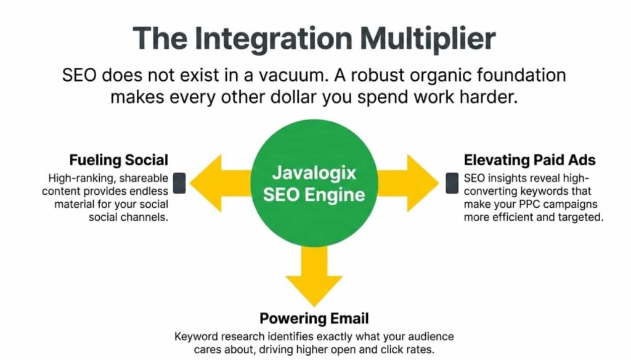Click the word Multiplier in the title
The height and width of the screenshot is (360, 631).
click(x=428, y=39)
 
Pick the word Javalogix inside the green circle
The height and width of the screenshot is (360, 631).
click(x=314, y=173)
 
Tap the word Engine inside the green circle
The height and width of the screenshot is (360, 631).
click(x=340, y=195)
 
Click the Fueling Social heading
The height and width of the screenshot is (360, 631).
click(x=118, y=160)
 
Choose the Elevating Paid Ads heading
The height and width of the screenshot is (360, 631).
click(x=529, y=160)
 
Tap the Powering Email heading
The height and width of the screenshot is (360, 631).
click(x=314, y=319)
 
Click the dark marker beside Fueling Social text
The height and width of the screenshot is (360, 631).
click(x=179, y=183)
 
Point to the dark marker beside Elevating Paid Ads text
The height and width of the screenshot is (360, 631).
click(x=452, y=183)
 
